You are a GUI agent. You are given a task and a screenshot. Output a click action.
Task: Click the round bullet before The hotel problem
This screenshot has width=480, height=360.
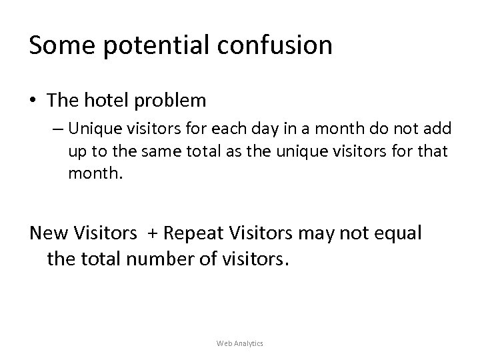pos(33,101)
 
